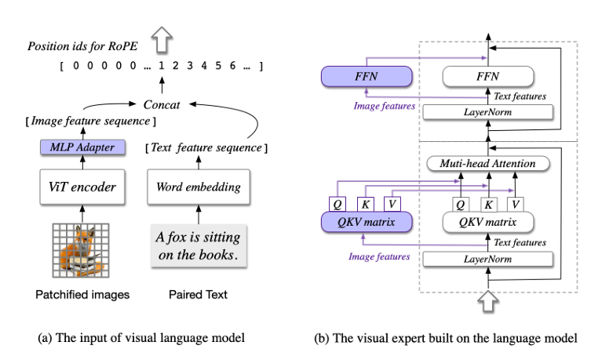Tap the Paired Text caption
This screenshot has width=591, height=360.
198,296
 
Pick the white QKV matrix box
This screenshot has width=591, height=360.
489,223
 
